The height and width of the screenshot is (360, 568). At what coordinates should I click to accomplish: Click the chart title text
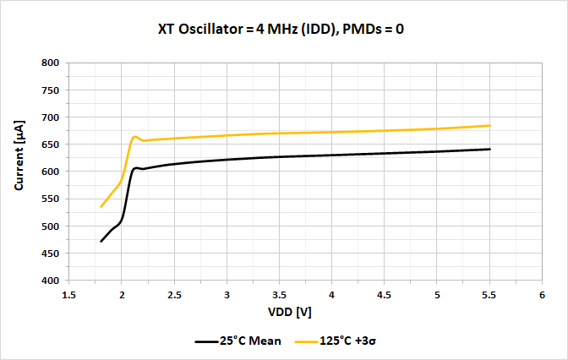click(284, 29)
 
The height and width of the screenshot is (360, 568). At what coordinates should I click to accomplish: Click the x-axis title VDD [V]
click(291, 312)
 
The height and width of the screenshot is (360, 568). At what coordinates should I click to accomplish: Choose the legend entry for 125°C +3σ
click(336, 341)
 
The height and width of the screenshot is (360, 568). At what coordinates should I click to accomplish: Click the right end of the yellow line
click(489, 125)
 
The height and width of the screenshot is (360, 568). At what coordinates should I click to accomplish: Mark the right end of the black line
click(489, 149)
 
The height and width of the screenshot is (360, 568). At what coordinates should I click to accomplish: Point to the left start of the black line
click(101, 241)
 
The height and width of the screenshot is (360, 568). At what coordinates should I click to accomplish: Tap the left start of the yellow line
click(101, 206)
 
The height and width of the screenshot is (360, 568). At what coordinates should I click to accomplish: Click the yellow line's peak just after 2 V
click(134, 137)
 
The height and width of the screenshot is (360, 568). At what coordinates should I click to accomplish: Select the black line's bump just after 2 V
click(137, 168)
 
